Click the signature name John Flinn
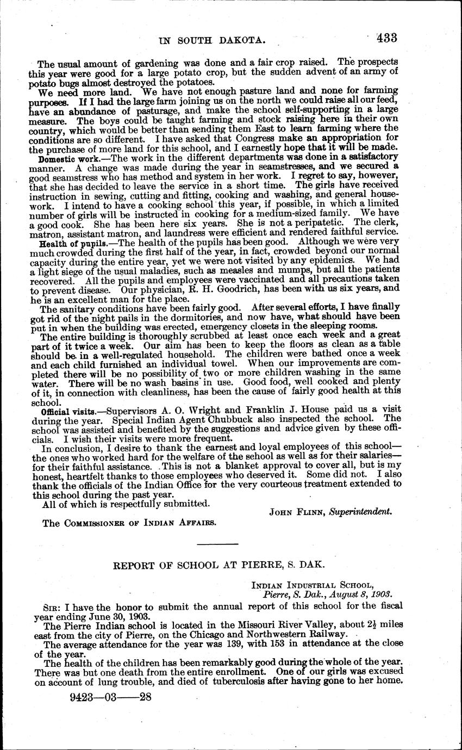pos(293,512)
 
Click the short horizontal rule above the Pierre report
pos(216,544)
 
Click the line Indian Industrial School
pos(313,585)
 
